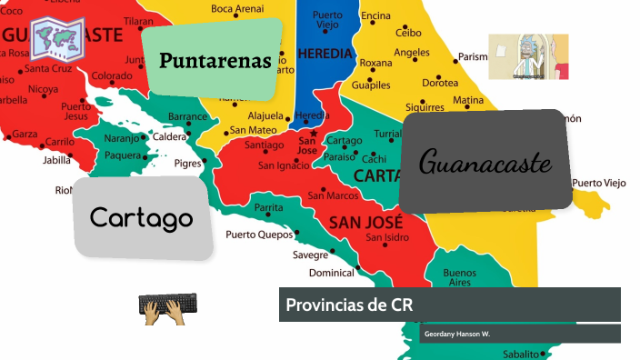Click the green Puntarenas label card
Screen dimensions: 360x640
click(215, 60)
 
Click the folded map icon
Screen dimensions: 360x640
click(57, 36)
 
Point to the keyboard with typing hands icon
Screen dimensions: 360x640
click(167, 309)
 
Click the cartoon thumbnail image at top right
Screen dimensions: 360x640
click(527, 56)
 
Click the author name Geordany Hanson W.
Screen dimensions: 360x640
click(456, 335)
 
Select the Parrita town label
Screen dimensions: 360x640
click(268, 208)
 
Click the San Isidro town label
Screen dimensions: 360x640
click(386, 238)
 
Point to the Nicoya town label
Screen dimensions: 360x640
click(42, 89)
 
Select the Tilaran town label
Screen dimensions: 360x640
click(138, 20)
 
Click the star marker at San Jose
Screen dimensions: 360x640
click(314, 133)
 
